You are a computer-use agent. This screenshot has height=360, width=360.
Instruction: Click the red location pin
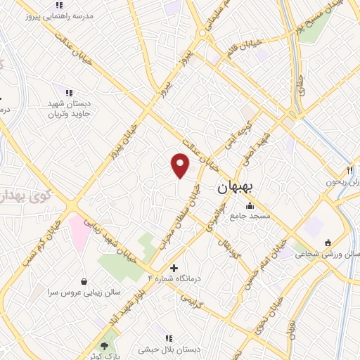pyautogui.click(x=181, y=165)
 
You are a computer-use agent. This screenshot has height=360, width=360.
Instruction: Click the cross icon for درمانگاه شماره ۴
pyautogui.click(x=174, y=268)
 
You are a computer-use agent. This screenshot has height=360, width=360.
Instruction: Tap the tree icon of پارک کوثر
pyautogui.click(x=105, y=346)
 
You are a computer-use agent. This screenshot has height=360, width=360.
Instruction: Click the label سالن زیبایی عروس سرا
pyautogui.click(x=84, y=291)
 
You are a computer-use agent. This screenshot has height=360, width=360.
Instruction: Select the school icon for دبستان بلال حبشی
pyautogui.click(x=167, y=338)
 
